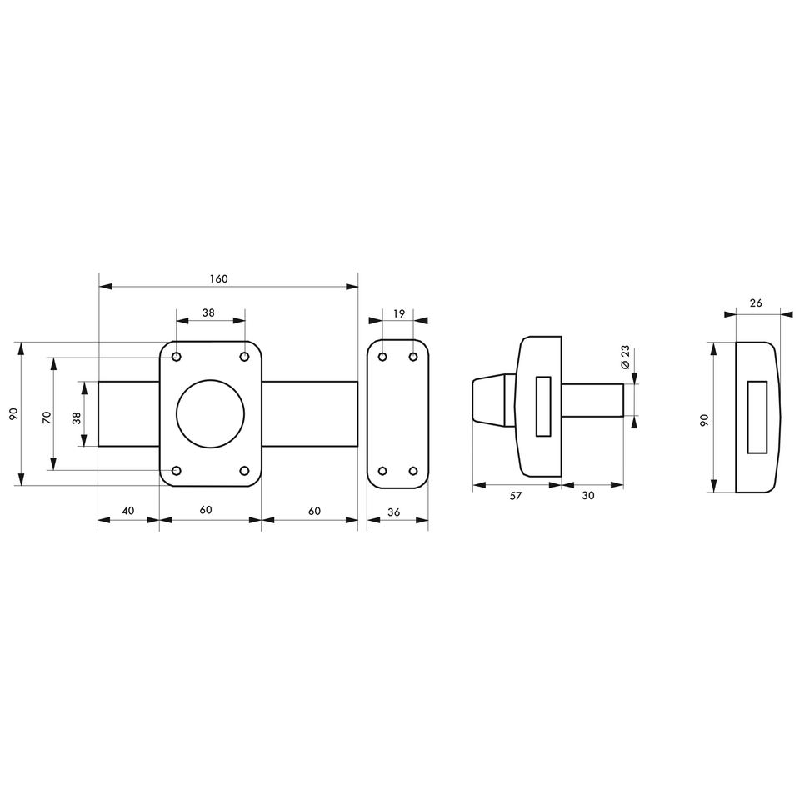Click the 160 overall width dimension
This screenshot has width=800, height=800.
click(x=218, y=278)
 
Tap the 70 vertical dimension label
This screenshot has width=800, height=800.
click(x=47, y=417)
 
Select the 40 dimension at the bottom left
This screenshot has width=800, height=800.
click(x=128, y=510)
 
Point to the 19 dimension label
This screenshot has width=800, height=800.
click(x=399, y=313)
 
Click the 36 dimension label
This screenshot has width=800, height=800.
click(x=394, y=512)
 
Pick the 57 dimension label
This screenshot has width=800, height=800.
click(x=516, y=495)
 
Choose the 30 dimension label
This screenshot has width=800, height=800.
click(x=588, y=495)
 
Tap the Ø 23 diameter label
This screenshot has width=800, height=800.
click(x=626, y=357)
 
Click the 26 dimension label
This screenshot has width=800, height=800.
click(x=756, y=303)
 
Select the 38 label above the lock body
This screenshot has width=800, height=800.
click(x=208, y=312)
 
